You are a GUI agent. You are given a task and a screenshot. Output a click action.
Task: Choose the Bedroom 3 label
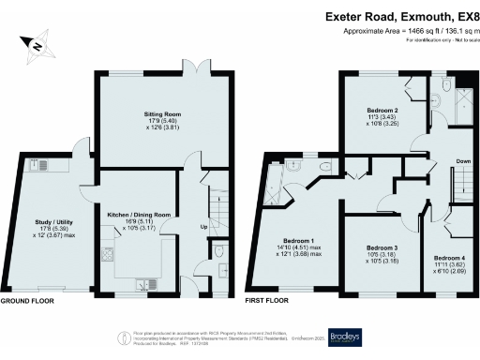[x=380, y=254]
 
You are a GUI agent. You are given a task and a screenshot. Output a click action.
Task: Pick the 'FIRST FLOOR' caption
[x=266, y=303]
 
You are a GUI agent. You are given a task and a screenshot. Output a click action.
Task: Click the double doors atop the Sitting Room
[x=195, y=72]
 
